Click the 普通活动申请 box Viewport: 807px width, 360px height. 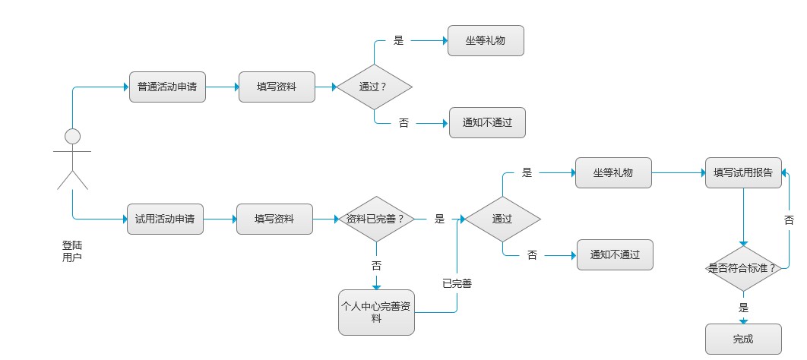(x=167, y=87)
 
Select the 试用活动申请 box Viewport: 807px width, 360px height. (x=165, y=219)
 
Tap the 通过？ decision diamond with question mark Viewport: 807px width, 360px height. (x=374, y=87)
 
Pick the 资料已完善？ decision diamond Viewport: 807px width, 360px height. (x=375, y=219)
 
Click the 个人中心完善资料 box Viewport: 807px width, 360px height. (x=376, y=312)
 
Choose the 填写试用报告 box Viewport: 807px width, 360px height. (x=743, y=172)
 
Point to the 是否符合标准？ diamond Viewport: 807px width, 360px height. (x=742, y=268)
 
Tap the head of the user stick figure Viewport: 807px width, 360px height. (x=72, y=137)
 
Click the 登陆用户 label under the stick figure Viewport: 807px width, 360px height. (x=72, y=252)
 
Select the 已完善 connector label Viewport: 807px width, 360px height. (x=457, y=283)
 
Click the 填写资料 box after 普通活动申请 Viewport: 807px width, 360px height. (x=277, y=87)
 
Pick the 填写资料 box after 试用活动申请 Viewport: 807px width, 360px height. (x=274, y=219)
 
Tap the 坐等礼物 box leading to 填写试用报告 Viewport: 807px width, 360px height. (x=613, y=172)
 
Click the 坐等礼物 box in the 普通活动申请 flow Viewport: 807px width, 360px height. (x=486, y=41)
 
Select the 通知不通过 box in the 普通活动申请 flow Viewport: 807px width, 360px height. (x=487, y=122)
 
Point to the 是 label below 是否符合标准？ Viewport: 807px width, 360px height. (x=743, y=308)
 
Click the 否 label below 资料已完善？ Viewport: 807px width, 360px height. (x=376, y=266)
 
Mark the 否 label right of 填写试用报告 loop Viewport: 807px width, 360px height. (x=789, y=219)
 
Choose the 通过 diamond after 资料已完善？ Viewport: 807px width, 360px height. (x=502, y=219)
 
